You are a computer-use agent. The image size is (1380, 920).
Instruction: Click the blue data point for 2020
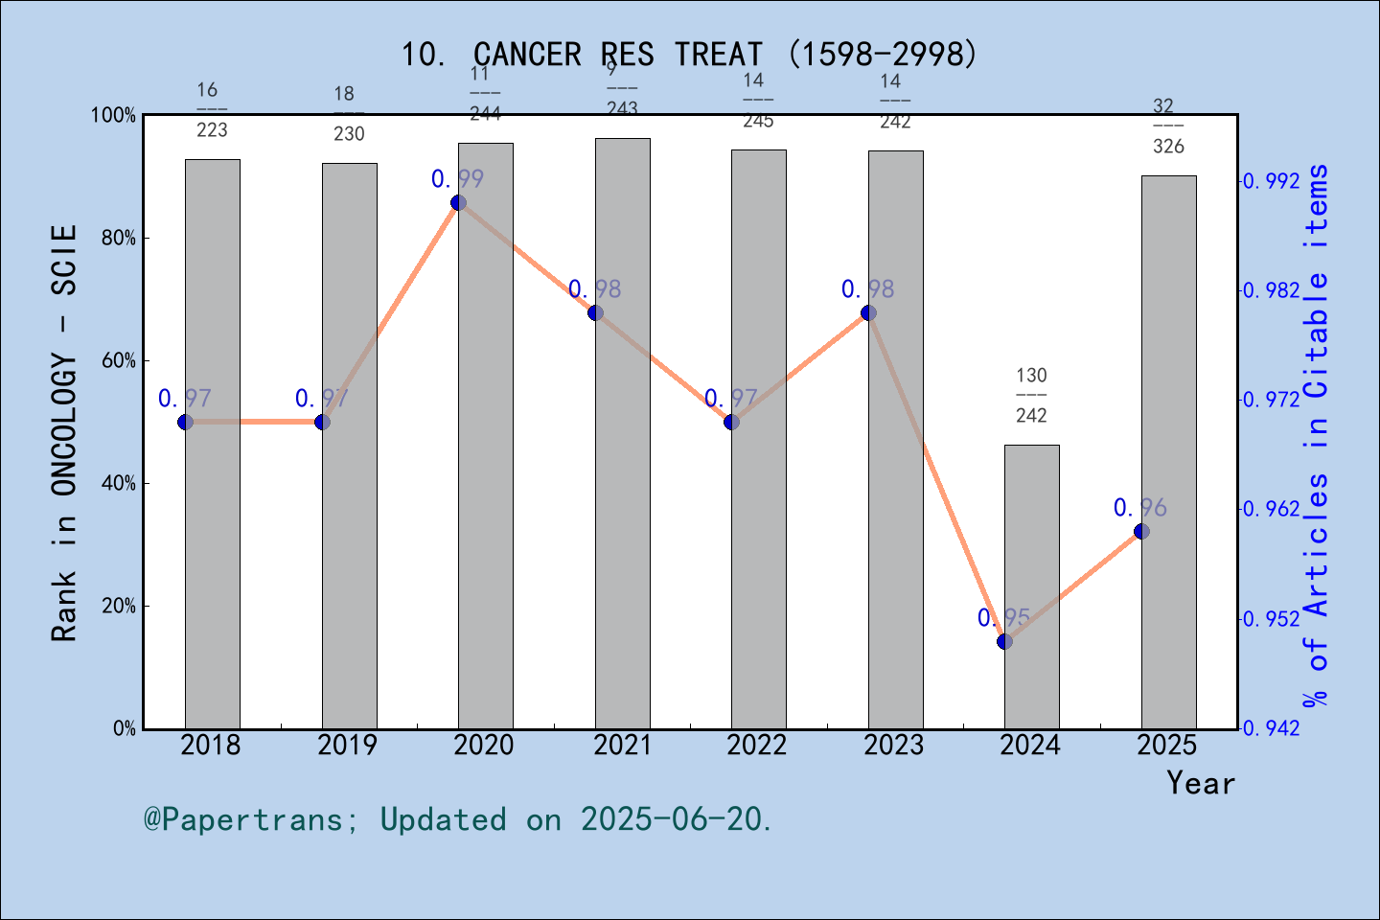point(458,203)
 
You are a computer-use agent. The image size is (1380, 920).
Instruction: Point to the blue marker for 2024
point(1004,641)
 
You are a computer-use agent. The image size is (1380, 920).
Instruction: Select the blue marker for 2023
point(868,313)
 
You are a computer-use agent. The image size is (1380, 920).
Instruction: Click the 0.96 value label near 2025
point(1139,508)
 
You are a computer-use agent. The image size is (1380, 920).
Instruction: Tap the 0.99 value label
point(457,179)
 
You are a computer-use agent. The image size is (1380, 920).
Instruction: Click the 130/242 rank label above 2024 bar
point(1031,395)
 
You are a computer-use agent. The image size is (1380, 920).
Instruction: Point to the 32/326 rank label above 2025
point(1167,126)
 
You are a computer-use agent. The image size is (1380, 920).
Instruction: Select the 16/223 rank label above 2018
point(212,109)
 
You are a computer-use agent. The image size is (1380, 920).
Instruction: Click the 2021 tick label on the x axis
point(622,745)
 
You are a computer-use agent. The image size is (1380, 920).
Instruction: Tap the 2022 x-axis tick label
point(757,745)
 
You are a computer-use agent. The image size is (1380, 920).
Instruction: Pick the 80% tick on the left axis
point(119,239)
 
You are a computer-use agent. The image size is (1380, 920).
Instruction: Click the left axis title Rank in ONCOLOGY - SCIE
point(64,433)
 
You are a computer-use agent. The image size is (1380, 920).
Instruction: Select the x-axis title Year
point(1200,784)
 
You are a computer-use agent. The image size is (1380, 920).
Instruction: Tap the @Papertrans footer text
point(458,819)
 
